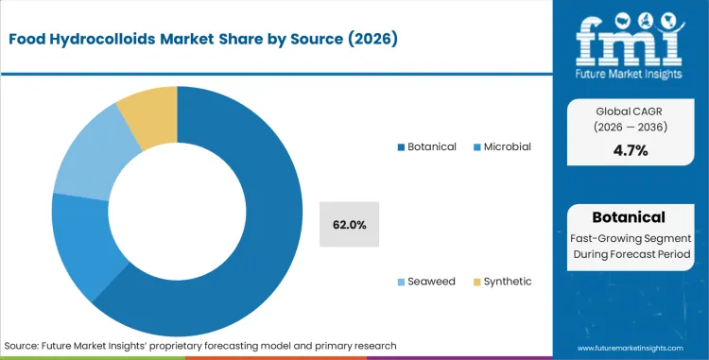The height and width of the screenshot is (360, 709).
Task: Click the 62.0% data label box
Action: click(349, 225)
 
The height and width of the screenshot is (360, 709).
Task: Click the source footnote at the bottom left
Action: click(200, 346)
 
